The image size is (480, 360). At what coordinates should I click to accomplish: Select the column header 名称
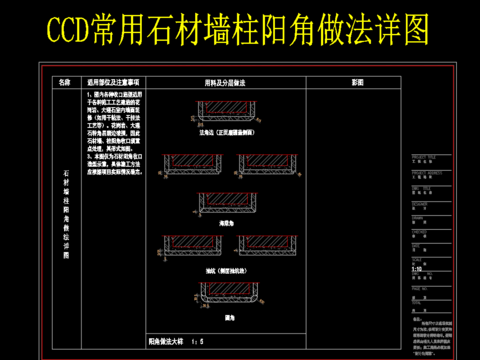click(x=66, y=82)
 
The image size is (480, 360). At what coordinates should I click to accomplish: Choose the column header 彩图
click(x=357, y=82)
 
